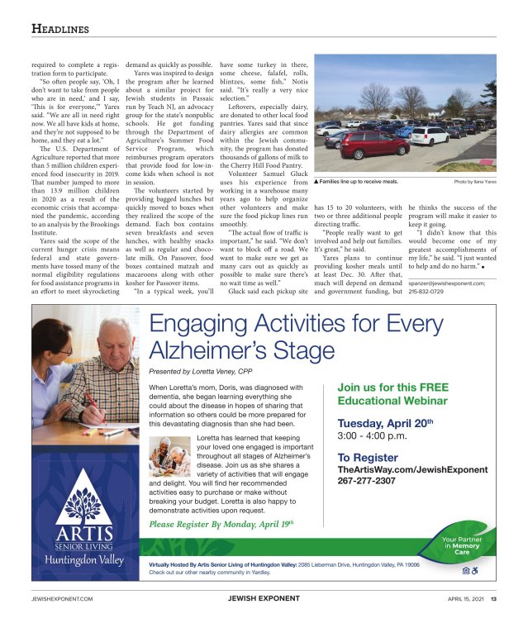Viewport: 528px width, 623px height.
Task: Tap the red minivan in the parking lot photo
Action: (x=377, y=144)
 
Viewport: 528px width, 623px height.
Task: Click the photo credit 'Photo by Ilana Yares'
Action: (x=475, y=180)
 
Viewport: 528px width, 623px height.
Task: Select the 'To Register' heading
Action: (x=368, y=457)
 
